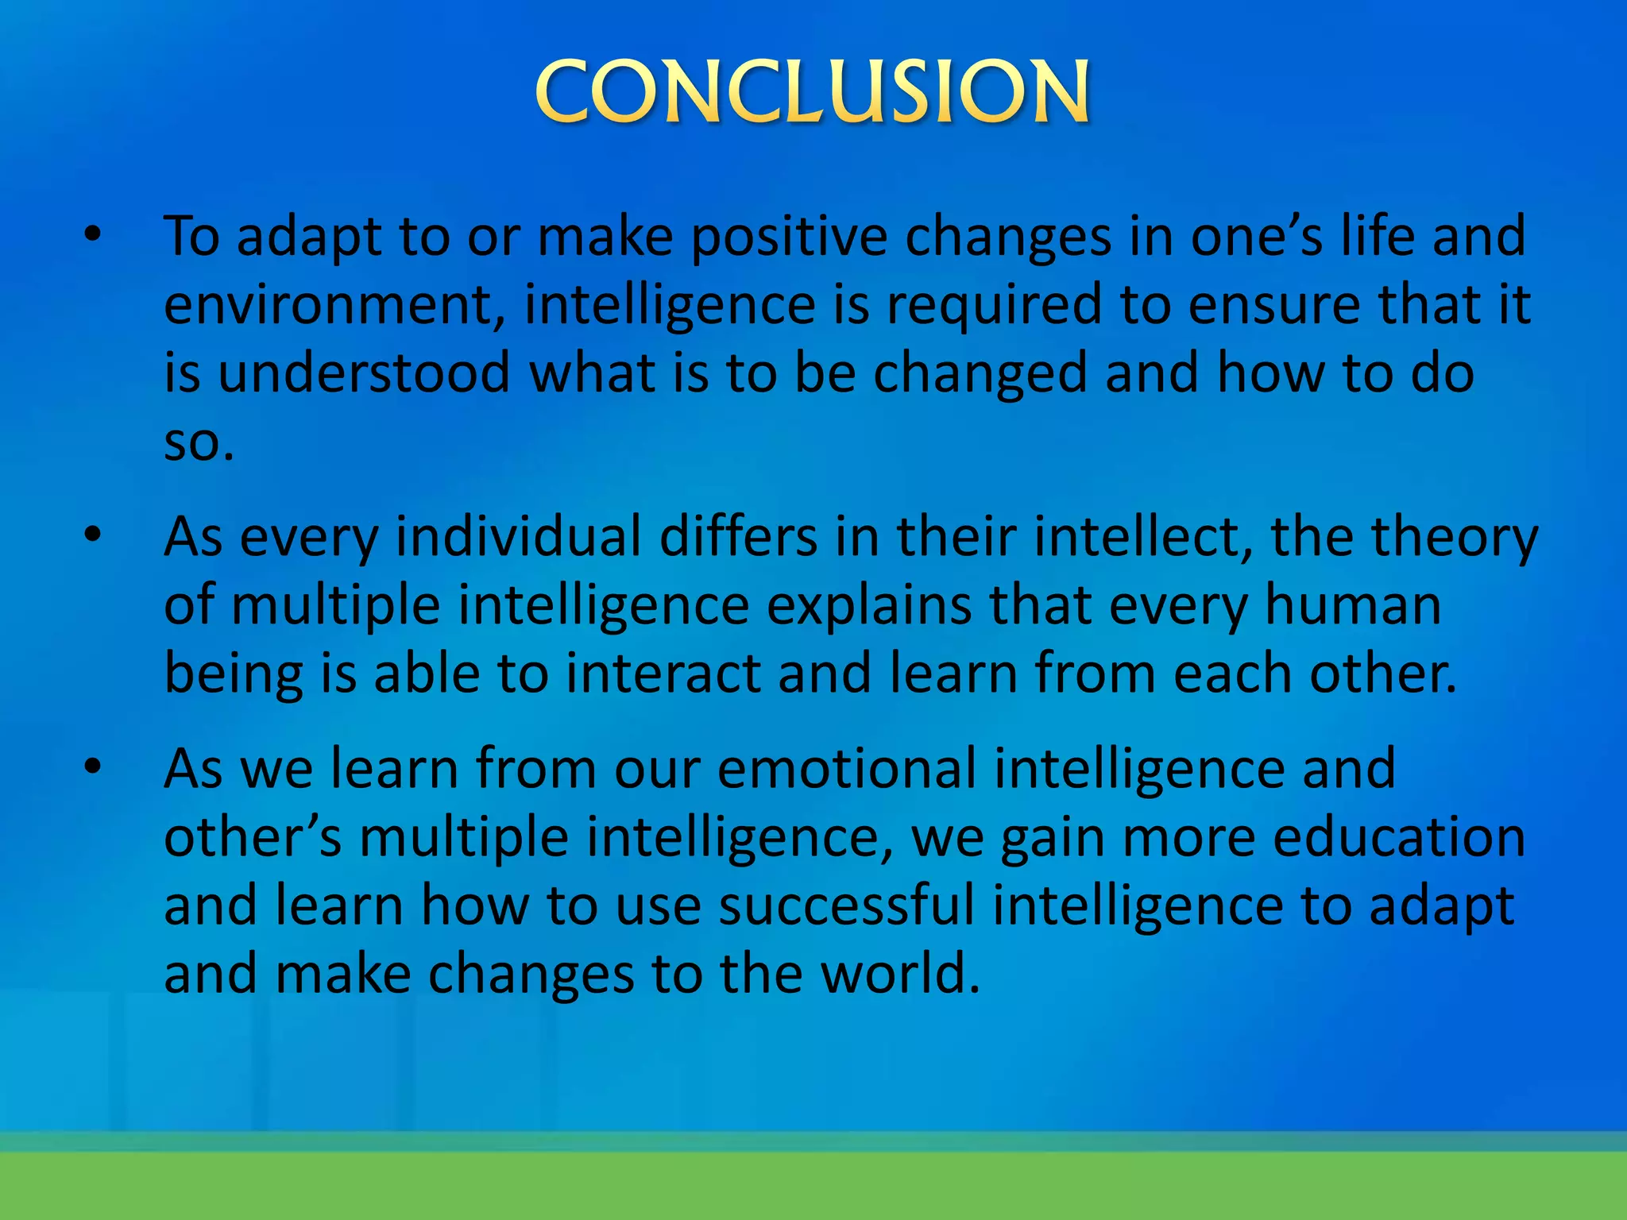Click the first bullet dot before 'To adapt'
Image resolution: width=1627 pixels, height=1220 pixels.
(93, 235)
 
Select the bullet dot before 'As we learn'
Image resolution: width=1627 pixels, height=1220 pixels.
(93, 766)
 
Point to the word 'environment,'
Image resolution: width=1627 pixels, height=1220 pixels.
(334, 306)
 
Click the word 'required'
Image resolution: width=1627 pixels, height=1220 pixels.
(994, 306)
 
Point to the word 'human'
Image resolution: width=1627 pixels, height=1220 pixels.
(1352, 605)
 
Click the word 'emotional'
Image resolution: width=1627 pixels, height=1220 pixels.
(846, 769)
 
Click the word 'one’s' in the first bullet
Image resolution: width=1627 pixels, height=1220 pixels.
(1257, 236)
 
